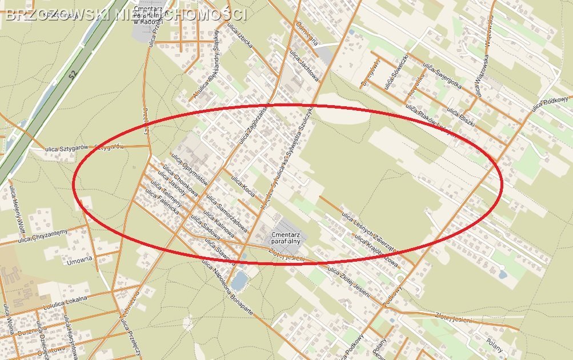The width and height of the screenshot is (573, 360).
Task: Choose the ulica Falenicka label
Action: (x=162, y=203)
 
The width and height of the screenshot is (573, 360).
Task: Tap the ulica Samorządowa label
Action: (x=227, y=211)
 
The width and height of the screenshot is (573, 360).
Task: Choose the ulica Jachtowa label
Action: (x=304, y=65)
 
